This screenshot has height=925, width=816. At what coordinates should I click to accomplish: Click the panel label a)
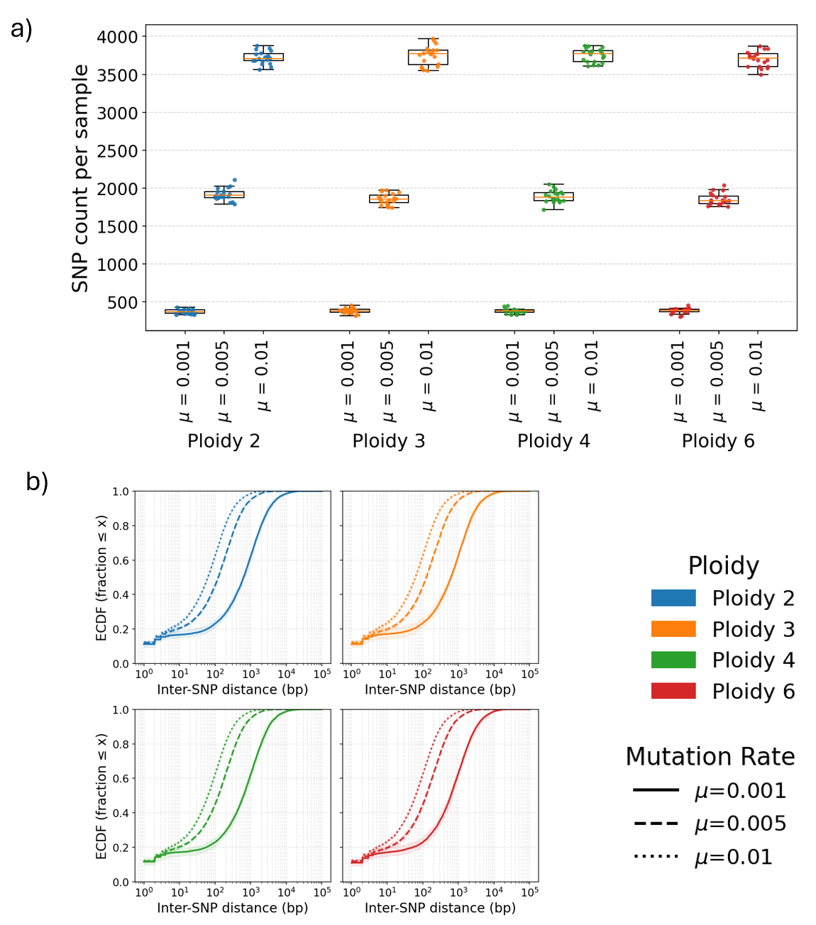click(x=21, y=30)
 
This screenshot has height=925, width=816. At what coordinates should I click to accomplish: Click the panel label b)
click(x=37, y=482)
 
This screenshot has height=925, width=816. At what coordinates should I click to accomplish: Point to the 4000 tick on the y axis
click(x=117, y=37)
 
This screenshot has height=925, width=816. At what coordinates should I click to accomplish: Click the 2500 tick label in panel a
click(x=117, y=150)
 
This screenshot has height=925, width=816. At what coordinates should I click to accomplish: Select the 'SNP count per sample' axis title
click(x=80, y=178)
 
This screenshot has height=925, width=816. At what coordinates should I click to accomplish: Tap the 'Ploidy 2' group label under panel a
click(x=224, y=441)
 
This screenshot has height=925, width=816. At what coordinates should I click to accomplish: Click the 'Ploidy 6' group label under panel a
click(x=718, y=441)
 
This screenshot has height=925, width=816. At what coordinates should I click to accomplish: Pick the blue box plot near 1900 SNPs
click(x=224, y=194)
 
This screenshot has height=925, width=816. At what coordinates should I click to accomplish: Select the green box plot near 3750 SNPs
click(x=592, y=56)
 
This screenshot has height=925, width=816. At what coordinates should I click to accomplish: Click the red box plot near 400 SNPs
click(x=679, y=310)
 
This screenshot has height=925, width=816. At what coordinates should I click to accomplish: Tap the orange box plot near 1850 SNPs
click(x=389, y=199)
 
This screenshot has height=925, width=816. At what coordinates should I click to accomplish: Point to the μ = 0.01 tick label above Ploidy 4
click(x=592, y=376)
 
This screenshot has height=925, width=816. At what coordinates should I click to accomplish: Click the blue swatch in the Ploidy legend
click(x=673, y=598)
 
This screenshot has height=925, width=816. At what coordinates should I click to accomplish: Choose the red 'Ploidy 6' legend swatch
click(x=673, y=691)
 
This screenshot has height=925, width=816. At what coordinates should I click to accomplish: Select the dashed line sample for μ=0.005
click(x=656, y=824)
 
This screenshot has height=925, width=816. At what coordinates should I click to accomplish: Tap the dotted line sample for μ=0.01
click(x=656, y=857)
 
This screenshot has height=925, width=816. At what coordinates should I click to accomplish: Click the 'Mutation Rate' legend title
click(x=710, y=757)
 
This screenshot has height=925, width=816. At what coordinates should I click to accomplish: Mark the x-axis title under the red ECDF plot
click(x=440, y=908)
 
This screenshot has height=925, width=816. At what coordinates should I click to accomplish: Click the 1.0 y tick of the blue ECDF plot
click(x=121, y=492)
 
